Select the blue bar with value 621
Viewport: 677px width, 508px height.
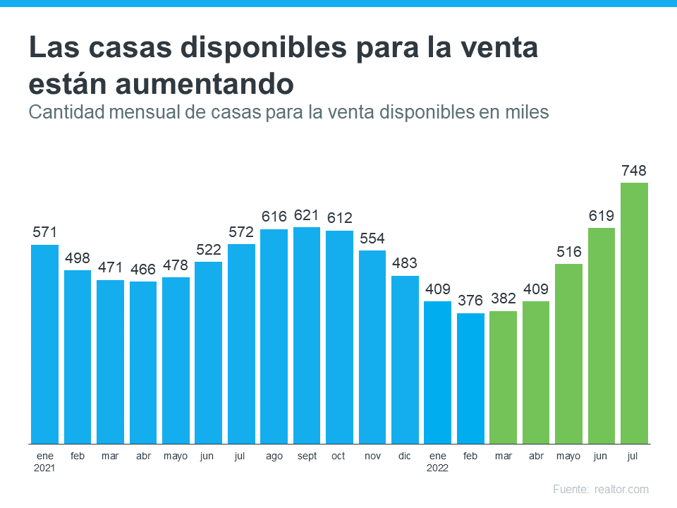(307, 335)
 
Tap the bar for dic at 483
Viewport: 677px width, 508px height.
(405, 359)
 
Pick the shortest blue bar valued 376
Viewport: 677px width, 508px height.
(470, 378)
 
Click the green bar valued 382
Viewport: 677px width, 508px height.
(503, 377)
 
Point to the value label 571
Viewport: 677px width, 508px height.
(44, 232)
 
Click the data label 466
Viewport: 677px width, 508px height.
(142, 269)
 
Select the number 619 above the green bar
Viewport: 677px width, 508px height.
(602, 215)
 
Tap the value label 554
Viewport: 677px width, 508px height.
(372, 238)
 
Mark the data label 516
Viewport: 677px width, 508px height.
(568, 252)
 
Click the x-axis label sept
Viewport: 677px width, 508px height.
(307, 456)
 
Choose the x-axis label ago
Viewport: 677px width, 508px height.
(274, 456)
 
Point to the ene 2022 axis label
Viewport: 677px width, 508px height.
(437, 461)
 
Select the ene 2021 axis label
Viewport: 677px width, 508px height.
(44, 461)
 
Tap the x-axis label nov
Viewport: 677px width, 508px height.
(372, 456)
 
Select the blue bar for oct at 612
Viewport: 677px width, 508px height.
(339, 337)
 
